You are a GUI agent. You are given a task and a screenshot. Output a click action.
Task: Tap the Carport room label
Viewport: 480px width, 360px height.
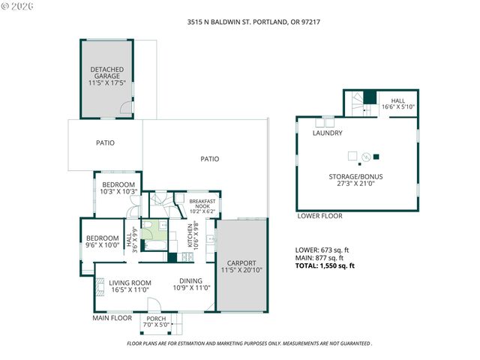241,267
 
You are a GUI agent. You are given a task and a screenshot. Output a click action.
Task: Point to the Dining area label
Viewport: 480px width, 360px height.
191,283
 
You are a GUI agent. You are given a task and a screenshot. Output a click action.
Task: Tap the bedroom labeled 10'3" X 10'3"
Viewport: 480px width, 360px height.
118,188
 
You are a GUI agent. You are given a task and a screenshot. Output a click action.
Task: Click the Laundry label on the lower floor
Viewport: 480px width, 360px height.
328,133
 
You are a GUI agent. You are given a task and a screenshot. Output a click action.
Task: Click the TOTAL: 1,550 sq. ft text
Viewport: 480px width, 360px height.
325,265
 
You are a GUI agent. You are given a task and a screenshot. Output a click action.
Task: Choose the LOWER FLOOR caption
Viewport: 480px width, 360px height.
319,216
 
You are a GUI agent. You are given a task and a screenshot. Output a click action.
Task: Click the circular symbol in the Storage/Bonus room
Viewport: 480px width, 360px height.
365,157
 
